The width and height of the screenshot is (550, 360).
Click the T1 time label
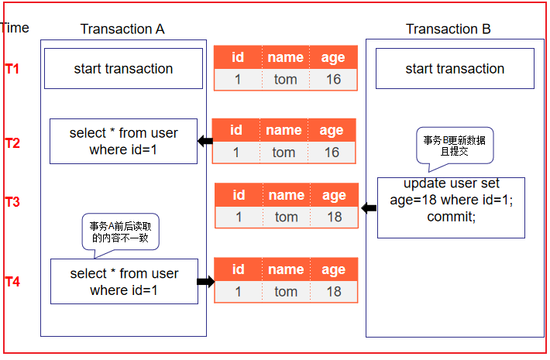(x=12, y=69)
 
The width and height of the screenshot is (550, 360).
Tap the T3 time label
(x=12, y=202)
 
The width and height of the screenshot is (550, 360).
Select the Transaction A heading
(x=122, y=29)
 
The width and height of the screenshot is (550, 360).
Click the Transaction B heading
(x=448, y=29)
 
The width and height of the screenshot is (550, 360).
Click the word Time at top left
(x=15, y=28)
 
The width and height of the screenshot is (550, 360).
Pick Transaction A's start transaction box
(x=123, y=69)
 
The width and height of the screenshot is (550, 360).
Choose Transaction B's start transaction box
(x=455, y=69)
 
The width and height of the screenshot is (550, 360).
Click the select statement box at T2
(x=123, y=141)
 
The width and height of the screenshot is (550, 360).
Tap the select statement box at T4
(x=124, y=282)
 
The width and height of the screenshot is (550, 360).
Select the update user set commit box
(x=451, y=207)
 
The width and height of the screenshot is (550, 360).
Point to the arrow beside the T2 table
(x=205, y=141)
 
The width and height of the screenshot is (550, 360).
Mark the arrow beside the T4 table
(x=205, y=282)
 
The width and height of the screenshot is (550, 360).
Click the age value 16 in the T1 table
(x=333, y=79)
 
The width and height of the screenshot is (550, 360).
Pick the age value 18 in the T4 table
(x=334, y=292)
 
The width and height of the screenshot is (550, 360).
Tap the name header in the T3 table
(x=286, y=195)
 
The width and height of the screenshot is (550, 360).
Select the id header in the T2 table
(x=236, y=130)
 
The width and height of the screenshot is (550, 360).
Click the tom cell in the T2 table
(x=284, y=153)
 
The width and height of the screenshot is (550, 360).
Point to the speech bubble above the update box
(x=455, y=146)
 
